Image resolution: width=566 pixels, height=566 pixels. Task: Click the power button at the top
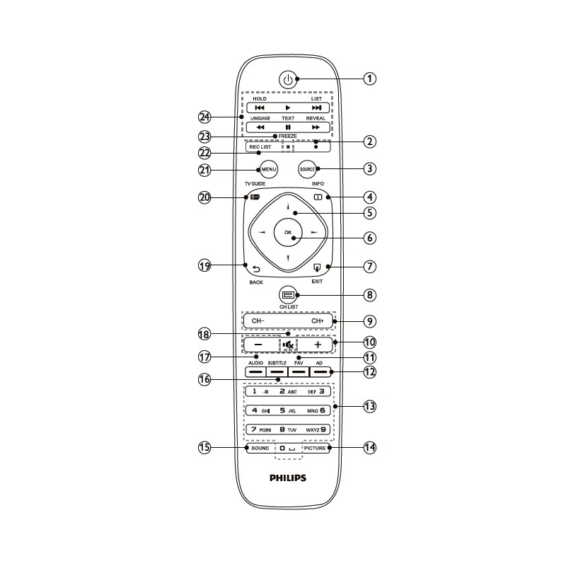pyautogui.click(x=287, y=80)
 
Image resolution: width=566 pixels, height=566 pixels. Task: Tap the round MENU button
pyautogui.click(x=268, y=170)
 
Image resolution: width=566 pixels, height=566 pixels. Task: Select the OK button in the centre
pyautogui.click(x=288, y=232)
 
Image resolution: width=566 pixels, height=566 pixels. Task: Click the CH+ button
pyautogui.click(x=316, y=321)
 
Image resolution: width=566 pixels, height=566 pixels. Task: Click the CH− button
pyautogui.click(x=258, y=321)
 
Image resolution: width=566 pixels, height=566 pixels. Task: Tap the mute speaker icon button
pyautogui.click(x=288, y=345)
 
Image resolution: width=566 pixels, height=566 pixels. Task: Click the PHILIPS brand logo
pyautogui.click(x=288, y=478)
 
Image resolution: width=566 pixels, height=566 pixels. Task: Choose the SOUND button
pyautogui.click(x=260, y=448)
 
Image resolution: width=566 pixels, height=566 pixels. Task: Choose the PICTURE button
pyautogui.click(x=316, y=448)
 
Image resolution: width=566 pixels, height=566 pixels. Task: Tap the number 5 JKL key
pyautogui.click(x=288, y=410)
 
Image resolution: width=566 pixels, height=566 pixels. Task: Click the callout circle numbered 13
pyautogui.click(x=369, y=407)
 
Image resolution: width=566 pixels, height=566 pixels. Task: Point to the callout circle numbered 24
pyautogui.click(x=205, y=117)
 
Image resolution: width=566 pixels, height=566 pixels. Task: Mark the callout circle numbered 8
pyautogui.click(x=369, y=294)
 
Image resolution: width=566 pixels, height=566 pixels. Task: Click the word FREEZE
pyautogui.click(x=287, y=136)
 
